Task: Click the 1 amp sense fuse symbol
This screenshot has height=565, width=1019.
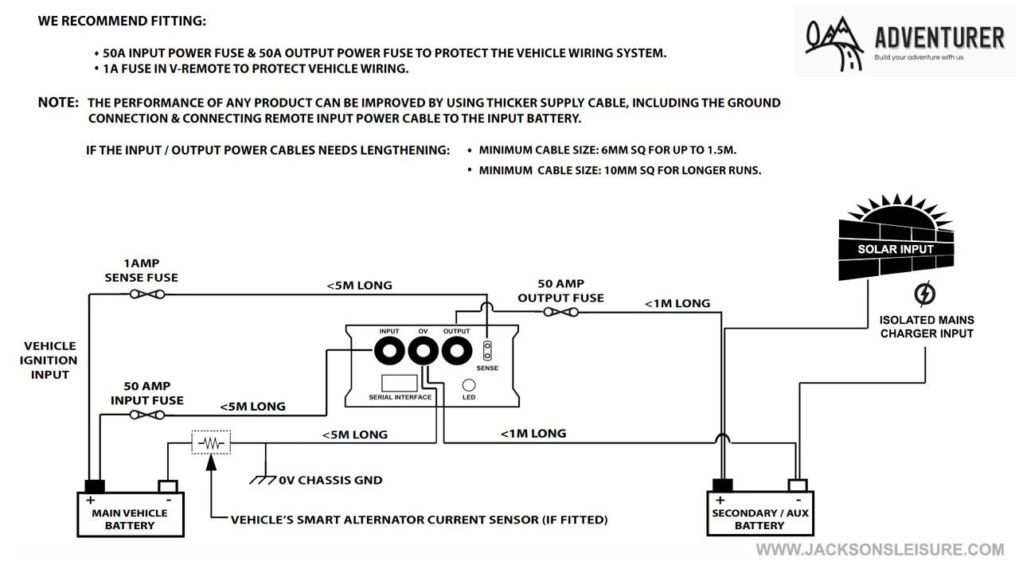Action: pos(147,294)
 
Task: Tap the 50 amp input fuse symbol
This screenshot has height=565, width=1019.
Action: pos(147,415)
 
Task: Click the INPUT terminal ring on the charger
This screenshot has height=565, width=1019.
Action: pos(390,351)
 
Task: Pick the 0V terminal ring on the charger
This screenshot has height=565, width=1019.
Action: pos(423,351)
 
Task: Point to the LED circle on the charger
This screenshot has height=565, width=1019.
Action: pos(469,384)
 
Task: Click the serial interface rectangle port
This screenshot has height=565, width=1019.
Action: pos(399,382)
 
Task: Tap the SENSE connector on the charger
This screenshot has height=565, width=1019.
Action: pos(487,351)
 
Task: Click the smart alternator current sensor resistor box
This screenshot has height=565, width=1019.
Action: pos(211,442)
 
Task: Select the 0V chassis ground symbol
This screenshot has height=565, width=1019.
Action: pos(263,480)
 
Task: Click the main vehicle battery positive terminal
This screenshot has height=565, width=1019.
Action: pos(94,486)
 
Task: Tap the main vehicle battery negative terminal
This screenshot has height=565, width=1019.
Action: pos(167,486)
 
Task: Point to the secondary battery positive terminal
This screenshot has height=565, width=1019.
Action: pos(722,485)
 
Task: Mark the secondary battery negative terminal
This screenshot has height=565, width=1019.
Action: pos(797,485)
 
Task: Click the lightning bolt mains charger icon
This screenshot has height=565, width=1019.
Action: pos(925,294)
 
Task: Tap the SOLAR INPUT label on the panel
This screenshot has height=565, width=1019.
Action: pos(896,249)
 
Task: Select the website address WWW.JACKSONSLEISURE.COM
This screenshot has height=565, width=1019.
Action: pos(880,549)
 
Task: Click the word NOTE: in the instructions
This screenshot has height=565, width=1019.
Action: pos(58,103)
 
